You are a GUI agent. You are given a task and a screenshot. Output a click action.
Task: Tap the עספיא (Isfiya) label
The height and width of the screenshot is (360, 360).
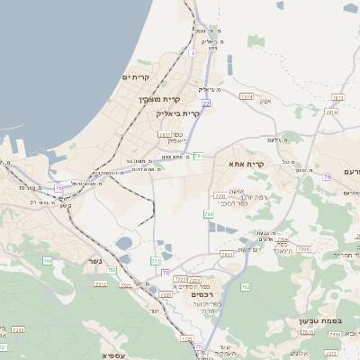coord(113,355)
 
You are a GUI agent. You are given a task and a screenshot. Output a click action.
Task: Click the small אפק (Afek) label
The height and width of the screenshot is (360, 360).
coord(265,100)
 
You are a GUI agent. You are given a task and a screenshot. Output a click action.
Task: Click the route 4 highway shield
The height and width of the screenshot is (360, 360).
coord(193,53)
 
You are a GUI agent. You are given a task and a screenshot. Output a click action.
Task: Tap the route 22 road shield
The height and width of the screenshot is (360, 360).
coord(206,103)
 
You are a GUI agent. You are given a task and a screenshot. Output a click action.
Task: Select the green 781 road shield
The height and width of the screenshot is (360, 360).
coord(198,156)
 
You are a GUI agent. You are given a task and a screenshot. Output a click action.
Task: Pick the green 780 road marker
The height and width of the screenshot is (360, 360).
coord(209,214)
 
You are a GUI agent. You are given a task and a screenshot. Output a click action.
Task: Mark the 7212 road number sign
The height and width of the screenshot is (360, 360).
coord(101,283)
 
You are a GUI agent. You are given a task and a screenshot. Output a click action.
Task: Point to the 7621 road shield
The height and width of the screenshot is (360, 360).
coord(226,255)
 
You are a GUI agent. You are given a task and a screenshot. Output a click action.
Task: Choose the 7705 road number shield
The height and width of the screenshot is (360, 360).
coord(303,249)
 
